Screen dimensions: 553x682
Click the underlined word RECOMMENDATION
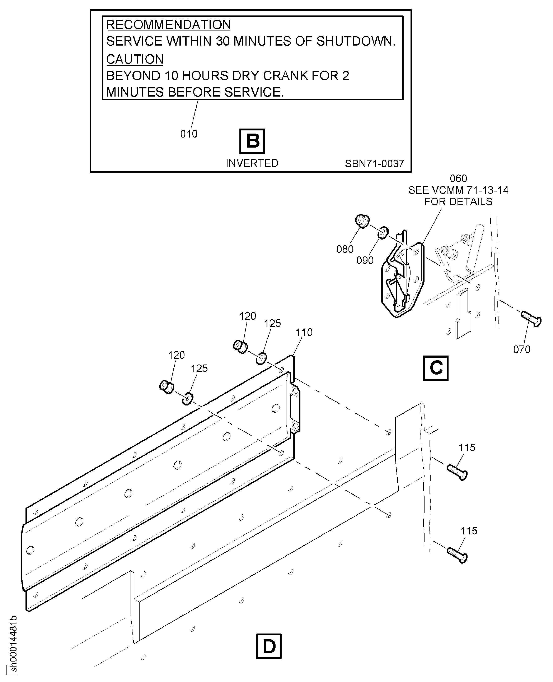click(x=169, y=25)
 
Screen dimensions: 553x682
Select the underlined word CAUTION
click(x=135, y=59)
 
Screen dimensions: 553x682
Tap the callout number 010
click(x=189, y=134)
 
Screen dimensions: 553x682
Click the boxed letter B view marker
click(x=252, y=141)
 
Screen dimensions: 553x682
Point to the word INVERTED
click(x=252, y=163)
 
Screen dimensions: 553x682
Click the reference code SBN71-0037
click(x=374, y=163)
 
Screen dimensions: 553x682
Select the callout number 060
click(x=458, y=178)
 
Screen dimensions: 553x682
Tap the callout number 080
click(x=345, y=249)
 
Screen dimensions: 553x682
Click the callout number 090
click(x=365, y=260)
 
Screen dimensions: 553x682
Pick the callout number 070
click(x=522, y=349)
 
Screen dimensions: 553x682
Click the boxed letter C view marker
click(x=436, y=368)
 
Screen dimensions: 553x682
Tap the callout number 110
click(x=304, y=332)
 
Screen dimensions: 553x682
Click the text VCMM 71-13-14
click(x=470, y=190)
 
